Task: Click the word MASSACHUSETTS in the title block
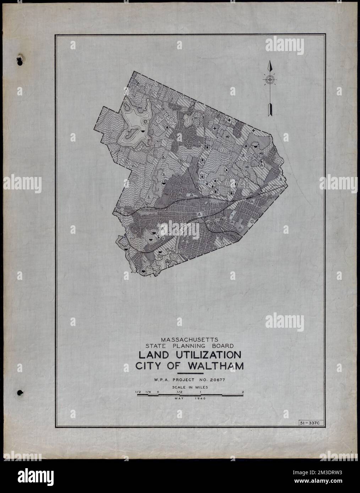coord(190,339)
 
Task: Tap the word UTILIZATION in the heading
coord(206,355)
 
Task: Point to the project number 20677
coord(217,380)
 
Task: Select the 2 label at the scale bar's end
coord(242,392)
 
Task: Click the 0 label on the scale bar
coord(158,392)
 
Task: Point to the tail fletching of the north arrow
coord(269,110)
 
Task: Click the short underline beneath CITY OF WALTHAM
coord(190,373)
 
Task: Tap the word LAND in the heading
coord(152,355)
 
